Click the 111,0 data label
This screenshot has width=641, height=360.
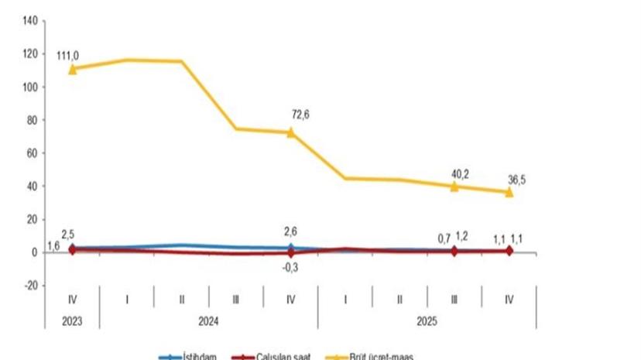[x=68, y=55]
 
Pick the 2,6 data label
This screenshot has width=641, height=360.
[x=291, y=230]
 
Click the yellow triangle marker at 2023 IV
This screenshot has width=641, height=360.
[x=73, y=69]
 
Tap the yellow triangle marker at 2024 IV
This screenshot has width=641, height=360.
[x=291, y=132]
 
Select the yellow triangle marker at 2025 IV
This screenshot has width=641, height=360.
[x=509, y=191]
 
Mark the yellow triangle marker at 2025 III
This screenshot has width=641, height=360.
[x=454, y=186]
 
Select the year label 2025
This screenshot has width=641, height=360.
[x=427, y=319]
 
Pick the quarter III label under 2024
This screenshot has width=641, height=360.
[x=236, y=297]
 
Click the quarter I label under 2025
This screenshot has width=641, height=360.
[x=345, y=297]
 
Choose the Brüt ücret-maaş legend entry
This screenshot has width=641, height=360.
[x=402, y=356]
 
